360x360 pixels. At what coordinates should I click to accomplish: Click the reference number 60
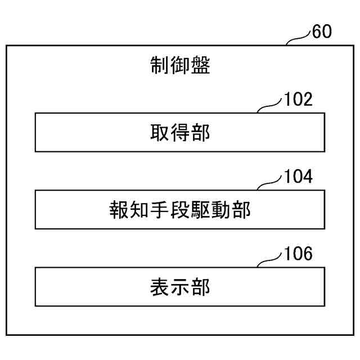(322, 32)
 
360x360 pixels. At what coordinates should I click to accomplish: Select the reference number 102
(299, 100)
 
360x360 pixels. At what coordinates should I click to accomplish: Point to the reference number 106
(299, 254)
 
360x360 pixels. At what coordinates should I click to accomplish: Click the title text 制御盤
(180, 66)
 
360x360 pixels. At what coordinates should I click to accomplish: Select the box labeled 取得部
(180, 132)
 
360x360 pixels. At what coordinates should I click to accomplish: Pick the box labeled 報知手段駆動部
(180, 209)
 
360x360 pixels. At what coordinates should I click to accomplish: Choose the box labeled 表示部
(180, 287)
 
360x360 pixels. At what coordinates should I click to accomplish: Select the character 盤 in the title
(201, 66)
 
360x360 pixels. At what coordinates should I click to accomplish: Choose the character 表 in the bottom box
(160, 287)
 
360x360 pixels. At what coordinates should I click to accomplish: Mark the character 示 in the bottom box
(180, 287)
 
